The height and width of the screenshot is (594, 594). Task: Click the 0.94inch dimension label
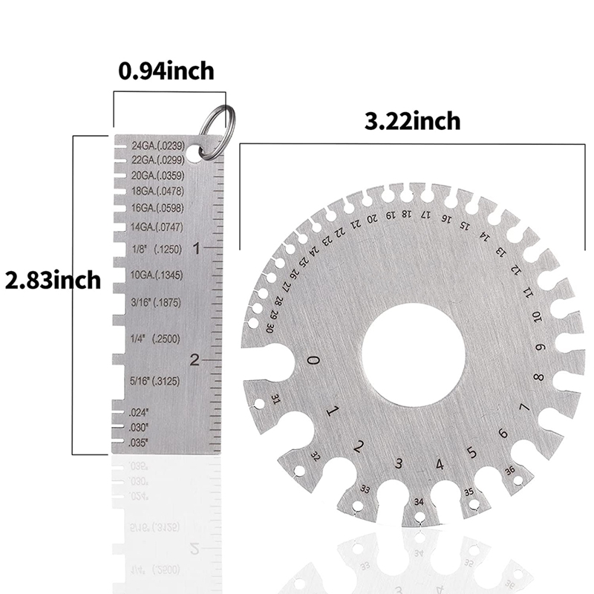click(x=166, y=71)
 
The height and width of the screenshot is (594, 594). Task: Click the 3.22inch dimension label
click(x=412, y=120)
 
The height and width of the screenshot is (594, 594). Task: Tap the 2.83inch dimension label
click(x=52, y=281)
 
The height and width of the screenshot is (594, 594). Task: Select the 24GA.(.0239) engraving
click(x=157, y=146)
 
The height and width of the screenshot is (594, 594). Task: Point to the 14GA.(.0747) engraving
click(x=157, y=226)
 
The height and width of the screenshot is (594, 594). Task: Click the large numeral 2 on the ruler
click(x=195, y=360)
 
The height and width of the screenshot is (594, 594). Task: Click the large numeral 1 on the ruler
click(x=196, y=249)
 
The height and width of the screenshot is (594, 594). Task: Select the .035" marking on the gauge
click(x=139, y=443)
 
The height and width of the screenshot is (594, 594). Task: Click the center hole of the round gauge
click(x=413, y=355)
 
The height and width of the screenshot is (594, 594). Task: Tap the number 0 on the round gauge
click(x=314, y=361)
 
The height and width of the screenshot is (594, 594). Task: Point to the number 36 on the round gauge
click(x=510, y=469)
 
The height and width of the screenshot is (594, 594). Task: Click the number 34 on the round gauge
click(x=420, y=503)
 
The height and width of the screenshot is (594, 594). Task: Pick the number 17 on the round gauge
click(x=425, y=215)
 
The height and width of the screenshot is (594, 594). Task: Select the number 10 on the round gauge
click(x=536, y=319)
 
